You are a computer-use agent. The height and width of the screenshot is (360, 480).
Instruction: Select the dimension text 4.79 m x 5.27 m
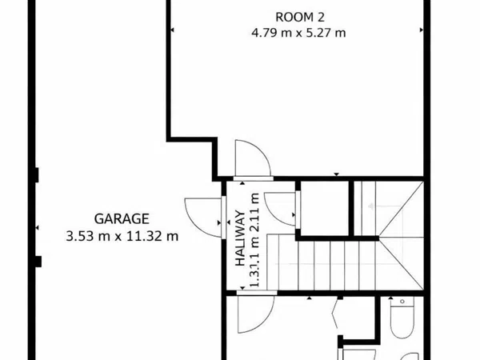[x=298, y=33]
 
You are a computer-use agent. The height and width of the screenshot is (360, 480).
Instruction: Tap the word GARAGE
[x=122, y=218]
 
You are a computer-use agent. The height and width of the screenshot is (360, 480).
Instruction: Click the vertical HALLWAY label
[x=239, y=240]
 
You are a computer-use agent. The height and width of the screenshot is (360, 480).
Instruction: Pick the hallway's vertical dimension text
[x=254, y=240]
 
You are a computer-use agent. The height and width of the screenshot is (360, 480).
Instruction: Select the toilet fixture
[x=400, y=320]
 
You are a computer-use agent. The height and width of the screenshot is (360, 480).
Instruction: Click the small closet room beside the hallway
[x=325, y=210]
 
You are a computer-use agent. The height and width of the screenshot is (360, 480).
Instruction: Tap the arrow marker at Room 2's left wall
[x=171, y=30]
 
